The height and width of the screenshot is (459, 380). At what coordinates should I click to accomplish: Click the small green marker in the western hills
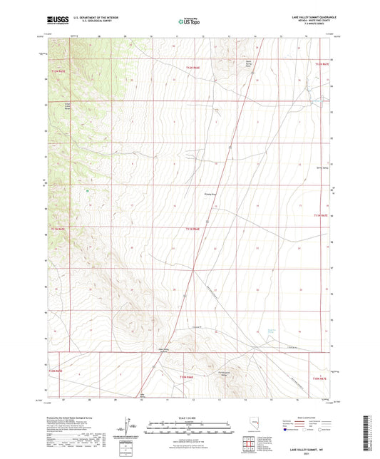click(x=87, y=190)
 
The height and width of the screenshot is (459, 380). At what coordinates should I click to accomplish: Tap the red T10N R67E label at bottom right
click(x=319, y=378)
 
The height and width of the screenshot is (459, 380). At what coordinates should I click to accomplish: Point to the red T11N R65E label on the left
click(x=59, y=228)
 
